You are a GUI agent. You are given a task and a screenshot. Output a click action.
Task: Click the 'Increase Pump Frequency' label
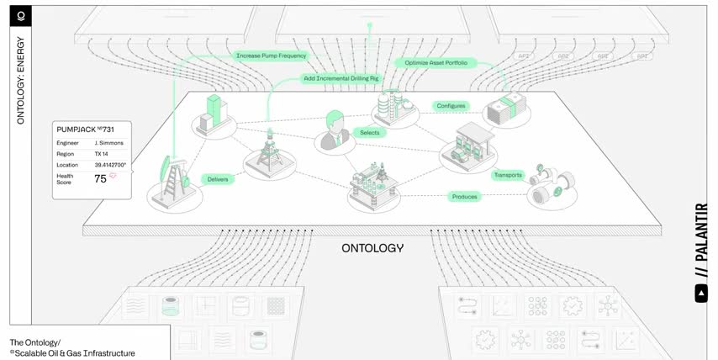(272, 56)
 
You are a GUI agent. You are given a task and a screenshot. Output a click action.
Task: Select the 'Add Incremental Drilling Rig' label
(342, 78)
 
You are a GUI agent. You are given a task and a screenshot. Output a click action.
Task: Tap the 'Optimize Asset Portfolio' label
(436, 62)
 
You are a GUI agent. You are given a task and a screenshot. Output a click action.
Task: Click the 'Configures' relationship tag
(451, 106)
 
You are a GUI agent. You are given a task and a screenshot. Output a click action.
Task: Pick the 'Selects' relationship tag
(370, 133)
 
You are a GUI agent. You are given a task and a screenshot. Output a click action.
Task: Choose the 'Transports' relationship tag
(508, 176)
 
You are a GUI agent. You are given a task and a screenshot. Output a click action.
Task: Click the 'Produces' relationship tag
(465, 197)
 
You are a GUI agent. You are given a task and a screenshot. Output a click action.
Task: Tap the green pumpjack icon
(174, 178)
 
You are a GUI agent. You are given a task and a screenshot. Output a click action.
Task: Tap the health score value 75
(100, 178)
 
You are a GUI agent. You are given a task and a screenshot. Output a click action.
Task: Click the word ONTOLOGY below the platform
(372, 248)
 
